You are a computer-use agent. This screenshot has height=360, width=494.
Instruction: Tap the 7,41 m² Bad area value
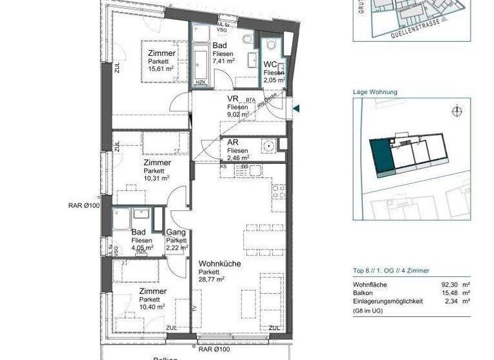[x=223, y=61]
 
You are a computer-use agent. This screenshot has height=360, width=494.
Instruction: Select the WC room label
[x=270, y=65]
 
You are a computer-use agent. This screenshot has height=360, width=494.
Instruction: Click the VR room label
[x=233, y=99]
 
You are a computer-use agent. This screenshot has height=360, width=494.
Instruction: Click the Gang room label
[x=176, y=232]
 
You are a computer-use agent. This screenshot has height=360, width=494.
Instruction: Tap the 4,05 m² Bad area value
[x=142, y=247]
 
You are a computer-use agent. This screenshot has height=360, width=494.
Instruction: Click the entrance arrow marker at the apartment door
[x=296, y=109]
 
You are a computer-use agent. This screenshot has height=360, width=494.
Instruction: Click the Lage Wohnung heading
[x=375, y=92]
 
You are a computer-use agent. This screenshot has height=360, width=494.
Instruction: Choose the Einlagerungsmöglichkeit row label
[x=388, y=301]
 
